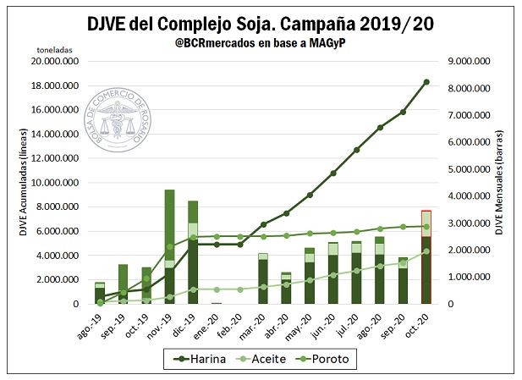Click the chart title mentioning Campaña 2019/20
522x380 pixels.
pyautogui.click(x=261, y=24)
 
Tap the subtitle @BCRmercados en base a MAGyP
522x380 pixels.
pyautogui.click(x=261, y=43)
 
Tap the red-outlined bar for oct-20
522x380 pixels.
pyautogui.click(x=426, y=256)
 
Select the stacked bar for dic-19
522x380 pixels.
pyautogui.click(x=193, y=251)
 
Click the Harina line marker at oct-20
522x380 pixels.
pyautogui.click(x=426, y=82)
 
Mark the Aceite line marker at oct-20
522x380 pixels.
pyautogui.click(x=426, y=251)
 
